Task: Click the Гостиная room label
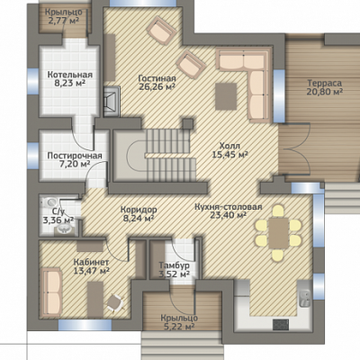click(157, 78)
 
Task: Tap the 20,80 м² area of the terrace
click(325, 92)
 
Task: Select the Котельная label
click(70, 75)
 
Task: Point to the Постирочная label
click(75, 156)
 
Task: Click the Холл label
click(229, 146)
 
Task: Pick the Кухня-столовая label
click(229, 207)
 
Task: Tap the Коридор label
click(139, 209)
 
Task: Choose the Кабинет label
click(91, 262)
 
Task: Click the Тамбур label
click(174, 265)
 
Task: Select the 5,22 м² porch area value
click(179, 326)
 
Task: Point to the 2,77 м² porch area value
click(64, 21)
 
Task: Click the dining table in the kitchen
click(279, 233)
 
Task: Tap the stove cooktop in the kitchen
click(281, 325)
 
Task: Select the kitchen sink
click(305, 299)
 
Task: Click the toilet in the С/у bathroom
click(49, 202)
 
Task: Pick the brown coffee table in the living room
click(226, 96)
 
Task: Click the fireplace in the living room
click(112, 102)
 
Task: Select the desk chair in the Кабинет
click(115, 302)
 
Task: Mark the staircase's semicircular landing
click(136, 156)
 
